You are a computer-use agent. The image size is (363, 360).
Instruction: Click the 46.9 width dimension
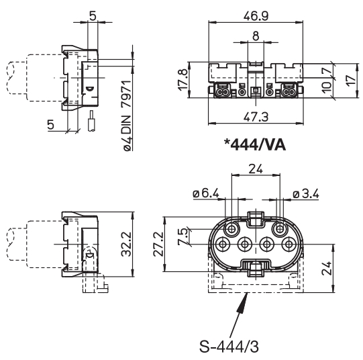pos(256,16)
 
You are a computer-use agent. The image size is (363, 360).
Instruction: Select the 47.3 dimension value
pos(256,117)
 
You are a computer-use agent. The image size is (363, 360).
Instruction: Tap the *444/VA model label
pos(255,146)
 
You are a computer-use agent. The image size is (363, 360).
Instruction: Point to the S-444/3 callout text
pos(229,347)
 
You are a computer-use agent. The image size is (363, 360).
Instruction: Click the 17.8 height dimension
pos(183,79)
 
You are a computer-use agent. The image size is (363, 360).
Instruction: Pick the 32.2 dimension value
pos(126,244)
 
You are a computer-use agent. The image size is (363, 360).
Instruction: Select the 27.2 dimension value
pos(158,244)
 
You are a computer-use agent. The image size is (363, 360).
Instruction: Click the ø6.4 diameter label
pos(206,193)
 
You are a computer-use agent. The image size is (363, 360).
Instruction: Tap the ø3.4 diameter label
pos(305,193)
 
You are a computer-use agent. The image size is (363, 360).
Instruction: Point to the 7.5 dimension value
pos(183,237)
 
